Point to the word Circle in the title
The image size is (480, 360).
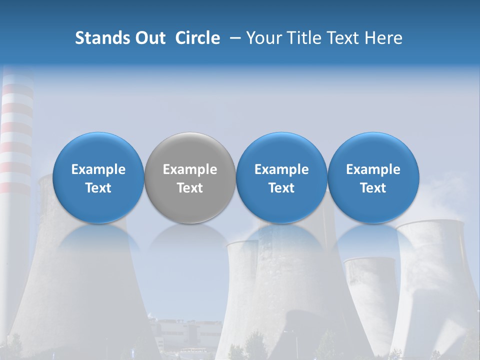click(x=197, y=38)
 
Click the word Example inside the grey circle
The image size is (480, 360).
click(x=190, y=169)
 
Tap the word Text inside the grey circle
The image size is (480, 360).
click(x=190, y=188)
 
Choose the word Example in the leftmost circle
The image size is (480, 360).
click(x=98, y=169)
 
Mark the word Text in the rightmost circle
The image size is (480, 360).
click(x=373, y=188)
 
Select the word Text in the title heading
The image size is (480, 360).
click(x=345, y=38)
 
